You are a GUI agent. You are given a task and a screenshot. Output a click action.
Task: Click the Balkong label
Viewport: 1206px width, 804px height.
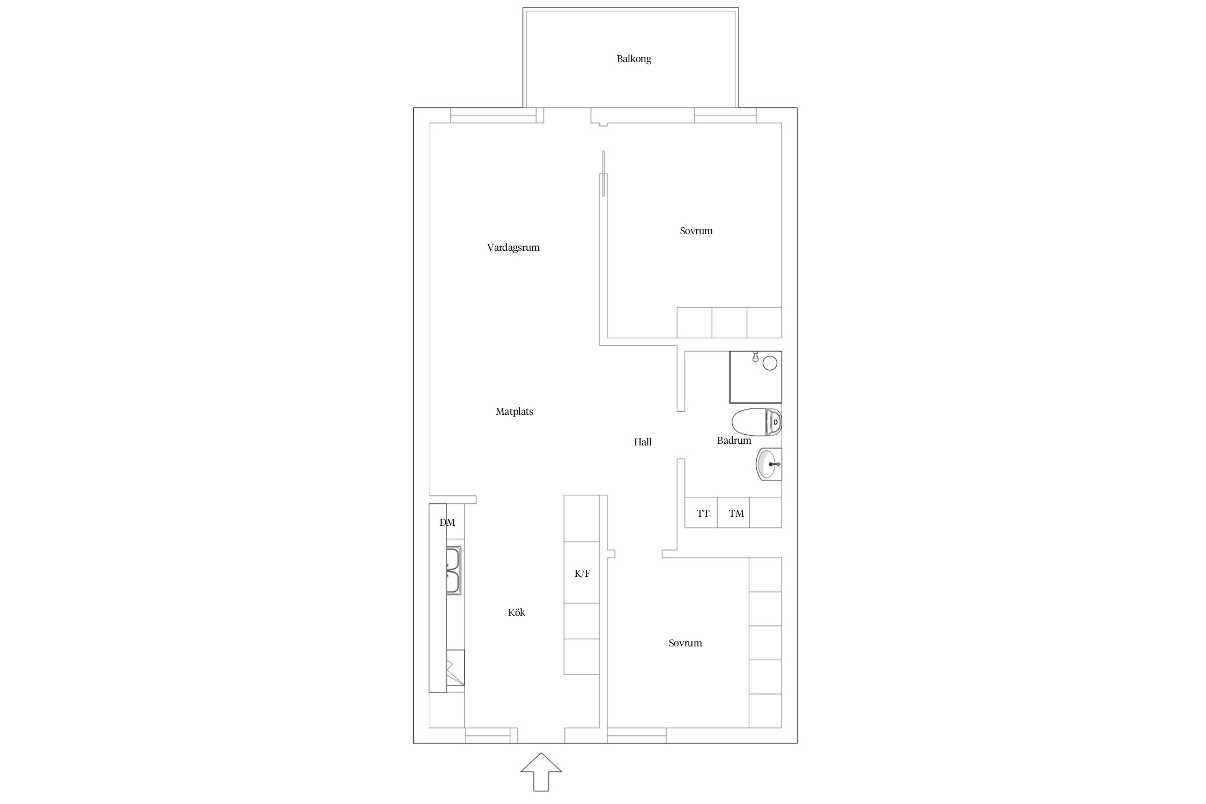[x=634, y=59]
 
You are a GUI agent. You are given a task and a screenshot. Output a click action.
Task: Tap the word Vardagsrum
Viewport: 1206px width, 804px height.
[x=513, y=248]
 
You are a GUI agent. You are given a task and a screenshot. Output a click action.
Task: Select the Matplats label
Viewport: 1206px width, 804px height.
[x=514, y=412]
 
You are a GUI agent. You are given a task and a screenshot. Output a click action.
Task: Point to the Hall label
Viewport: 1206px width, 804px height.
[x=643, y=442]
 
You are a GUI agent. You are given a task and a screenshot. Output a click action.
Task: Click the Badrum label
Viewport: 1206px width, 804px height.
[x=734, y=441]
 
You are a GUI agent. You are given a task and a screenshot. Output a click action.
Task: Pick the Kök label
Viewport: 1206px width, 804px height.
[x=517, y=613]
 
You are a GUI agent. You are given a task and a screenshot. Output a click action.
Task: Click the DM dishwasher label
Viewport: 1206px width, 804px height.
[x=447, y=523]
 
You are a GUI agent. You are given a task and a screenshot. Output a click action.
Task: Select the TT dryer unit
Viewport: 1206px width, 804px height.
[x=701, y=512]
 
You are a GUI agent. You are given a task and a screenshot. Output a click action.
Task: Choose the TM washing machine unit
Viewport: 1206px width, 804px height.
[x=733, y=512]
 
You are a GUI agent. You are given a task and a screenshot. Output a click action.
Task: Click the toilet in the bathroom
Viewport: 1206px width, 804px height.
[x=756, y=422]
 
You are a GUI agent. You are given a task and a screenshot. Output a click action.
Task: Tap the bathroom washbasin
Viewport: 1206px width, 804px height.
[x=769, y=464]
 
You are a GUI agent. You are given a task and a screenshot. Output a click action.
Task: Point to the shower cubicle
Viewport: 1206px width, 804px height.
[x=756, y=377]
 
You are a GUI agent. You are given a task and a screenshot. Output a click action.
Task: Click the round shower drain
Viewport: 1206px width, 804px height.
[x=770, y=363]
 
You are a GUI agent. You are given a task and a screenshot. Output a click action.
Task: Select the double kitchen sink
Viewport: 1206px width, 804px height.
[x=453, y=571]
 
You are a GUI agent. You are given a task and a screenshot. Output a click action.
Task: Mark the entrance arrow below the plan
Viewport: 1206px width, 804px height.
[x=541, y=772]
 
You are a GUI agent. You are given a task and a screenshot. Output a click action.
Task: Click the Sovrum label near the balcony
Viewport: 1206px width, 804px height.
[x=696, y=231]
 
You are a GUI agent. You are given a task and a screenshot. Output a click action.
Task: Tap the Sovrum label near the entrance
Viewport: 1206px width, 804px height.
[x=685, y=643]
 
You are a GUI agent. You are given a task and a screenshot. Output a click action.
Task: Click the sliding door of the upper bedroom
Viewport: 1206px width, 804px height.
[x=604, y=173]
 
